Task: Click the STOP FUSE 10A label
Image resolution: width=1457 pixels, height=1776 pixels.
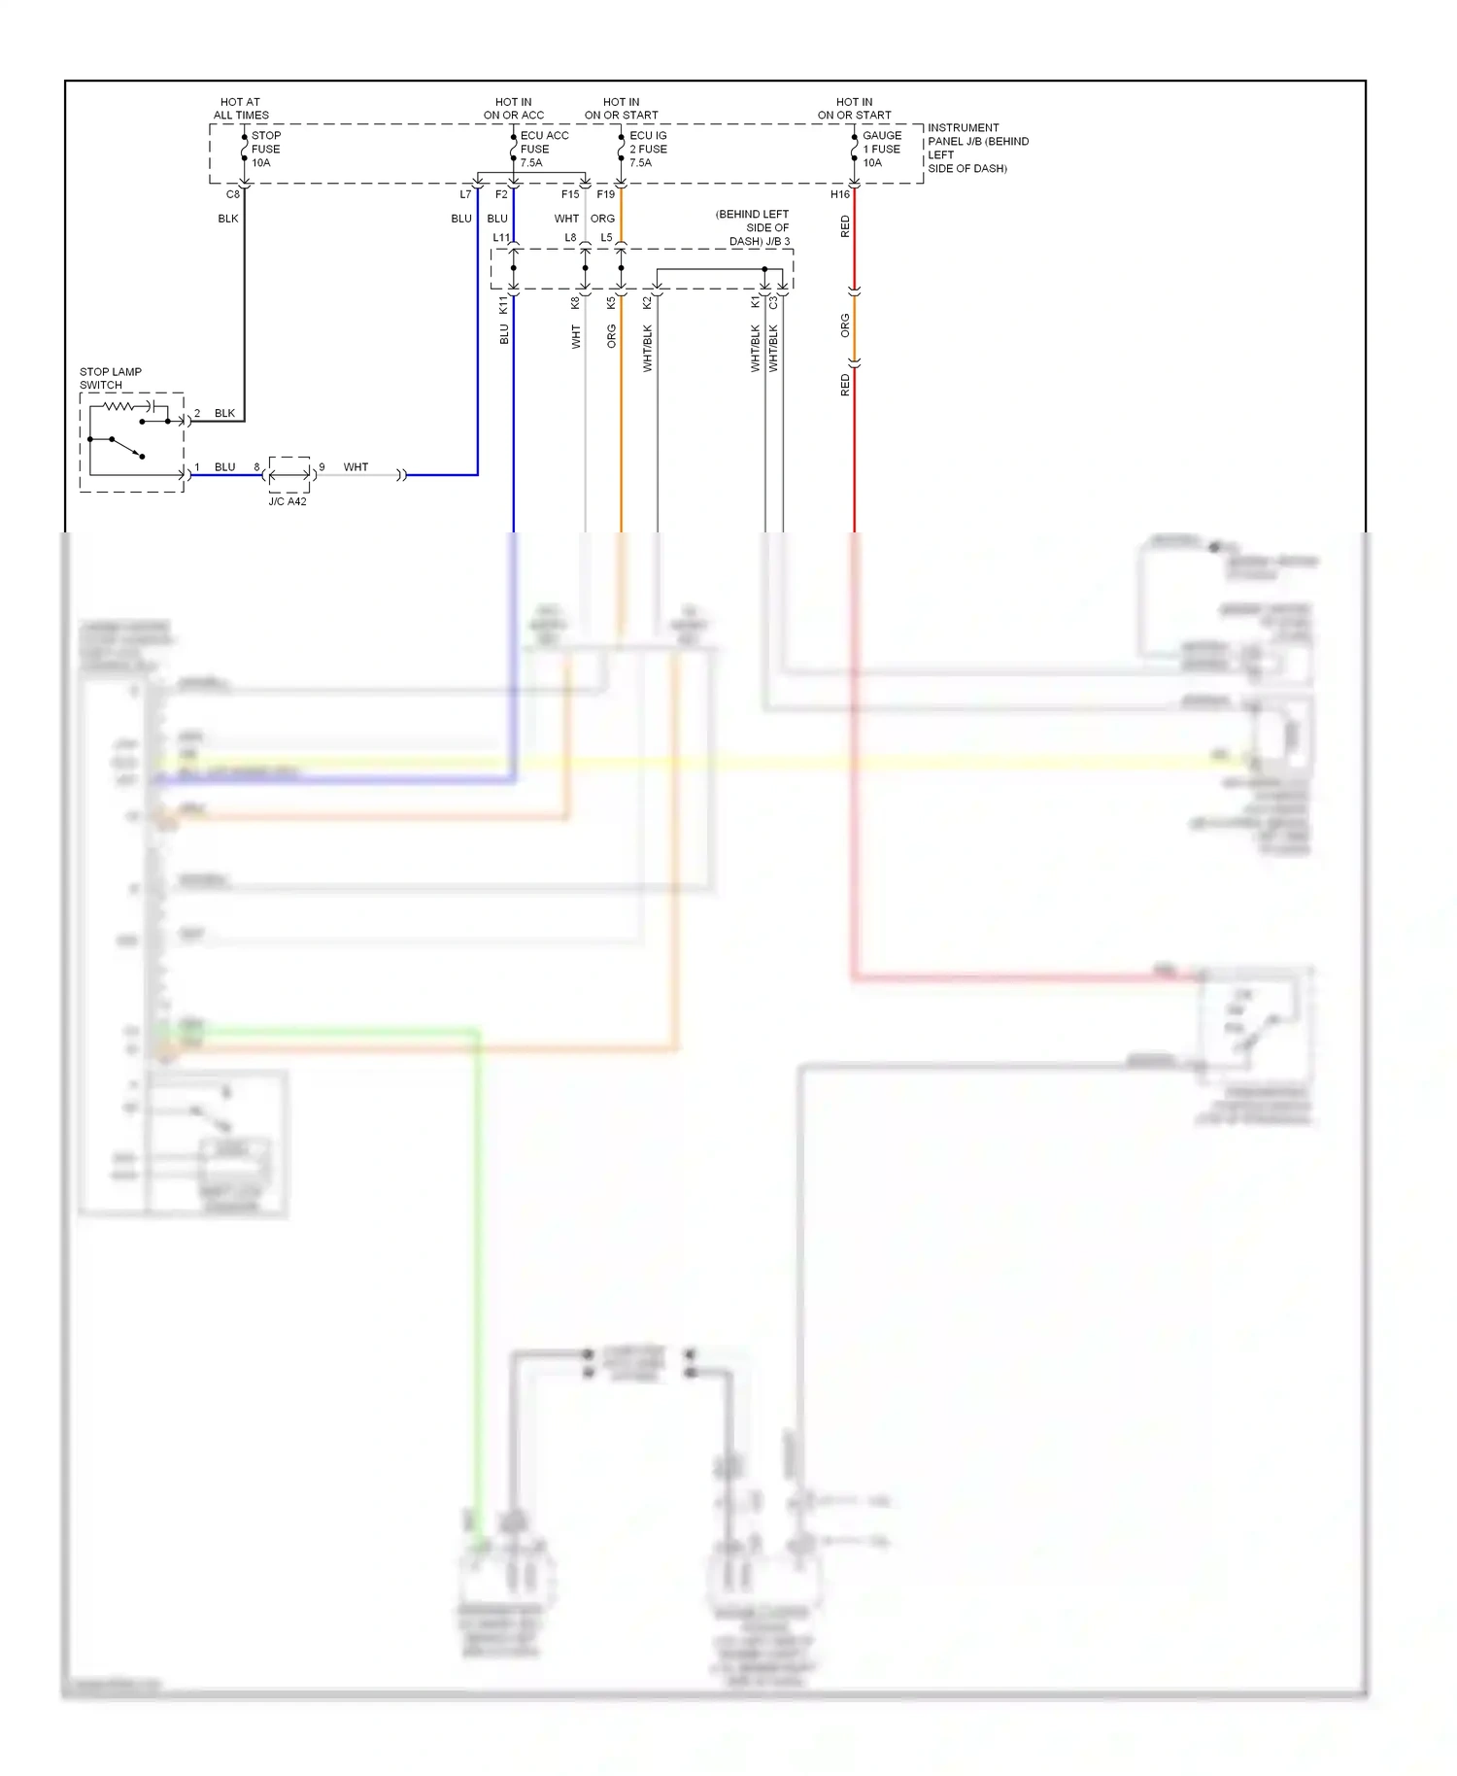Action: tap(265, 150)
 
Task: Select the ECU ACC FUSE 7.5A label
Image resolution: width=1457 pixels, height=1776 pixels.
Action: tap(543, 150)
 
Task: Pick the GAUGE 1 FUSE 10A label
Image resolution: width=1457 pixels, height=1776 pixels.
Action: tap(881, 150)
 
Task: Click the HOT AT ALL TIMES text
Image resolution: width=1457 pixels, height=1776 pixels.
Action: tap(241, 109)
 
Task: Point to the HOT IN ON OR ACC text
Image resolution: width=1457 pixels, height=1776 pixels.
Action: tap(514, 109)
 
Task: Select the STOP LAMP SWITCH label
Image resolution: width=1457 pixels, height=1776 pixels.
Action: tap(110, 379)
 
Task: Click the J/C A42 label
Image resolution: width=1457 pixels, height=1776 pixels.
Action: tap(288, 501)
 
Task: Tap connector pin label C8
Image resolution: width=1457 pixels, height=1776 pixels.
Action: tap(233, 194)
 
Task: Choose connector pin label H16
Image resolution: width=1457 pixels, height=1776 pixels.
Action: tap(839, 194)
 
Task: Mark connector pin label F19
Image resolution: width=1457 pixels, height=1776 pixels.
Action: tap(606, 194)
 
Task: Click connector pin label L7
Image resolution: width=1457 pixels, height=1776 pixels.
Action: tap(465, 194)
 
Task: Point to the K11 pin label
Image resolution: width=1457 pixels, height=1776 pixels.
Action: tap(503, 305)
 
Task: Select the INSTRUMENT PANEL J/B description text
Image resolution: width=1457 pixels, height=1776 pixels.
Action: tap(976, 148)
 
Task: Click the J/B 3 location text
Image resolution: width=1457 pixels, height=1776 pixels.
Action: tap(754, 228)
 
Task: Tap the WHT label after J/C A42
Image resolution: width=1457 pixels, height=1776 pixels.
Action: tap(356, 467)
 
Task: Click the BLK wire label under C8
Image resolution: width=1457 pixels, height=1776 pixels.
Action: tap(228, 219)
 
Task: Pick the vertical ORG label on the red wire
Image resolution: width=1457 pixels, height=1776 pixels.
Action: tap(845, 325)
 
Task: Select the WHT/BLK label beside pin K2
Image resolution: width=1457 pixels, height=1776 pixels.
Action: tap(648, 349)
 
